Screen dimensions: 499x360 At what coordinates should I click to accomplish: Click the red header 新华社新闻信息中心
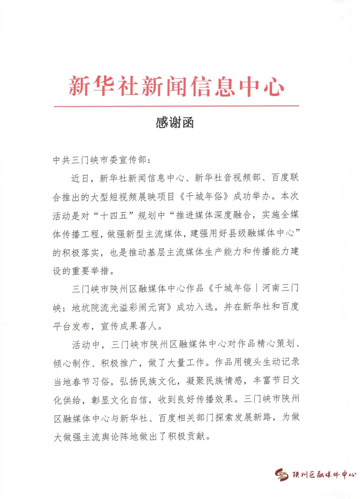[176, 86]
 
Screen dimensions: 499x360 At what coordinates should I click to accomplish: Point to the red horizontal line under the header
[176, 106]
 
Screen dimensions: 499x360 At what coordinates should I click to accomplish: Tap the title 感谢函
[175, 123]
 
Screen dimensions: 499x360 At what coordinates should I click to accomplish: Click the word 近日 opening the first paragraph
[80, 178]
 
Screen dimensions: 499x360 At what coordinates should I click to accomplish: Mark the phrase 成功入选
[195, 307]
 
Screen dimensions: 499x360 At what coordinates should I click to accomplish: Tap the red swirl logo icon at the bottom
[282, 474]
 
